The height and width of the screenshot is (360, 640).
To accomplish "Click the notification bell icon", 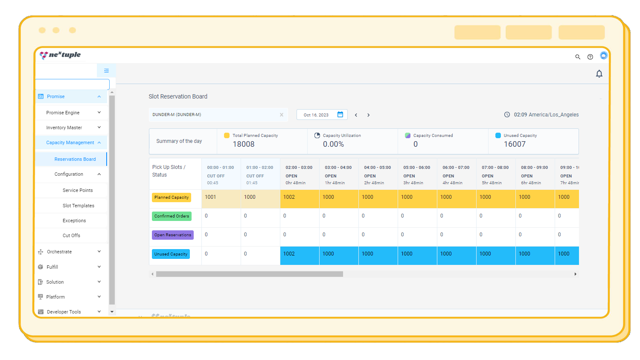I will click(x=599, y=74).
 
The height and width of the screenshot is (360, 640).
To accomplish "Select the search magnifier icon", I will click(x=578, y=57).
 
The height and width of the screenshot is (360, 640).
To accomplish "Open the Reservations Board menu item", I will click(x=75, y=159).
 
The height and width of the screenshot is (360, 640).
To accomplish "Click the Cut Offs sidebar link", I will click(x=71, y=235).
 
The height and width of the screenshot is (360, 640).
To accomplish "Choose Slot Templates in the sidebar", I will click(x=79, y=206).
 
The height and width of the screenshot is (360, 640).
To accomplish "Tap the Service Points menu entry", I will click(x=78, y=190).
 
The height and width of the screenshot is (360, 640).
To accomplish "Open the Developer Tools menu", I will click(x=64, y=312).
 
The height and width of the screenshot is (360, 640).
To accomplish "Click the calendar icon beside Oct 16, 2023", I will click(x=340, y=114).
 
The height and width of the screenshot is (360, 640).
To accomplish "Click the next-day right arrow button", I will click(x=369, y=115).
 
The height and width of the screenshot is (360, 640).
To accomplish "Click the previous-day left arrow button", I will click(x=356, y=115).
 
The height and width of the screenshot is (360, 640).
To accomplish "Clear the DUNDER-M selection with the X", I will click(x=282, y=115).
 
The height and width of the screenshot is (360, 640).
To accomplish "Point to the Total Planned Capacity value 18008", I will click(x=244, y=144).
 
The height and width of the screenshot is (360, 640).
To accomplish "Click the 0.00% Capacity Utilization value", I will click(x=333, y=144).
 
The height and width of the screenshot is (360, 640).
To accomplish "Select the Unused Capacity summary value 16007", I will click(x=515, y=144).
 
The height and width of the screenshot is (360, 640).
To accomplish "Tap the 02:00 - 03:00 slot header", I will click(x=299, y=168).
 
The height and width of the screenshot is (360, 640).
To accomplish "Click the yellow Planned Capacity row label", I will click(x=172, y=197).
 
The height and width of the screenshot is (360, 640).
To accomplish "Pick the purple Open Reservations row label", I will click(x=173, y=235).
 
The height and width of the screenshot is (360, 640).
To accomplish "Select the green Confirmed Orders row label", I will click(x=172, y=216).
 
